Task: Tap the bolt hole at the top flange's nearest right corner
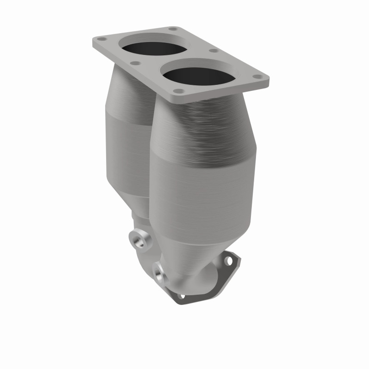[258, 77]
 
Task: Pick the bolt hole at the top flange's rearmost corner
[172, 29]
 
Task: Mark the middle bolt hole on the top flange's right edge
[214, 50]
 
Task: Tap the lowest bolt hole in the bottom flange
[182, 296]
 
